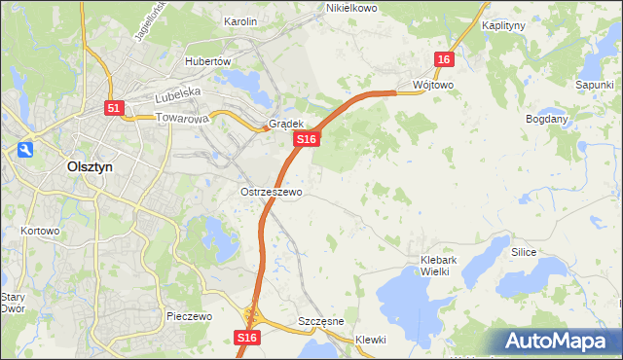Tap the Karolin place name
239,21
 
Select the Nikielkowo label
351,8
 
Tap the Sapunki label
593,85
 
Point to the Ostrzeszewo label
272,192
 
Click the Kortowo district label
40,232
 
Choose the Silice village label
524,251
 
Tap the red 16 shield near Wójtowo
444,59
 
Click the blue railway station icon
23,150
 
